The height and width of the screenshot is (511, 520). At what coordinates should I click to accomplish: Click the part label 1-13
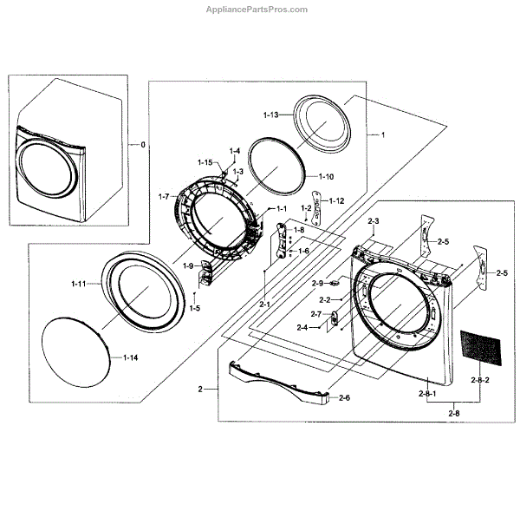[271, 115]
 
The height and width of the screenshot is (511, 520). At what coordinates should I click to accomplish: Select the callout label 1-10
[325, 176]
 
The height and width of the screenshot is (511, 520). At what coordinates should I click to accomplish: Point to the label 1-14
[129, 357]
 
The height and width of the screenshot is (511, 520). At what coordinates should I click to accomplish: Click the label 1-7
[169, 197]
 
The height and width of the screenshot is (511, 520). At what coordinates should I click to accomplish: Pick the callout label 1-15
[205, 162]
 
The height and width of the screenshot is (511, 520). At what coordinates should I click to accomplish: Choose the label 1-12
[336, 200]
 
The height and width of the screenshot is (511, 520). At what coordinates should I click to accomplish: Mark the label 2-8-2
[479, 381]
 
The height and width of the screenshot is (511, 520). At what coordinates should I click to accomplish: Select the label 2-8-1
[429, 395]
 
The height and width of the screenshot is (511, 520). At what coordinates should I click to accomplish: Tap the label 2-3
[374, 223]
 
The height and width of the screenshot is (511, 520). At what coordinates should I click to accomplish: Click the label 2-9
[317, 283]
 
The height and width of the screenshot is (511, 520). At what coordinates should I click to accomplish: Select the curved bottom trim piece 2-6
[277, 381]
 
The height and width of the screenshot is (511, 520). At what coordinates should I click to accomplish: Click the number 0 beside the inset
[143, 142]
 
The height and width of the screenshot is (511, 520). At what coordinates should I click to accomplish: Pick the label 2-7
[316, 313]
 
